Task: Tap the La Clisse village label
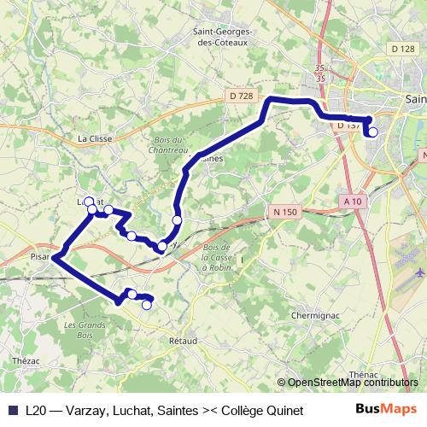[95, 137]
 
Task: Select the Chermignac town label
[317, 315]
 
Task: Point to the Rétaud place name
[183, 341]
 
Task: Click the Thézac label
[26, 361]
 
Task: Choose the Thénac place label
[365, 374]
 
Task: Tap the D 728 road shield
[242, 97]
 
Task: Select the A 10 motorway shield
[351, 201]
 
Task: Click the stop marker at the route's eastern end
[372, 132]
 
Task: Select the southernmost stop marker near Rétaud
[147, 304]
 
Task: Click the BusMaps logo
[383, 409]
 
